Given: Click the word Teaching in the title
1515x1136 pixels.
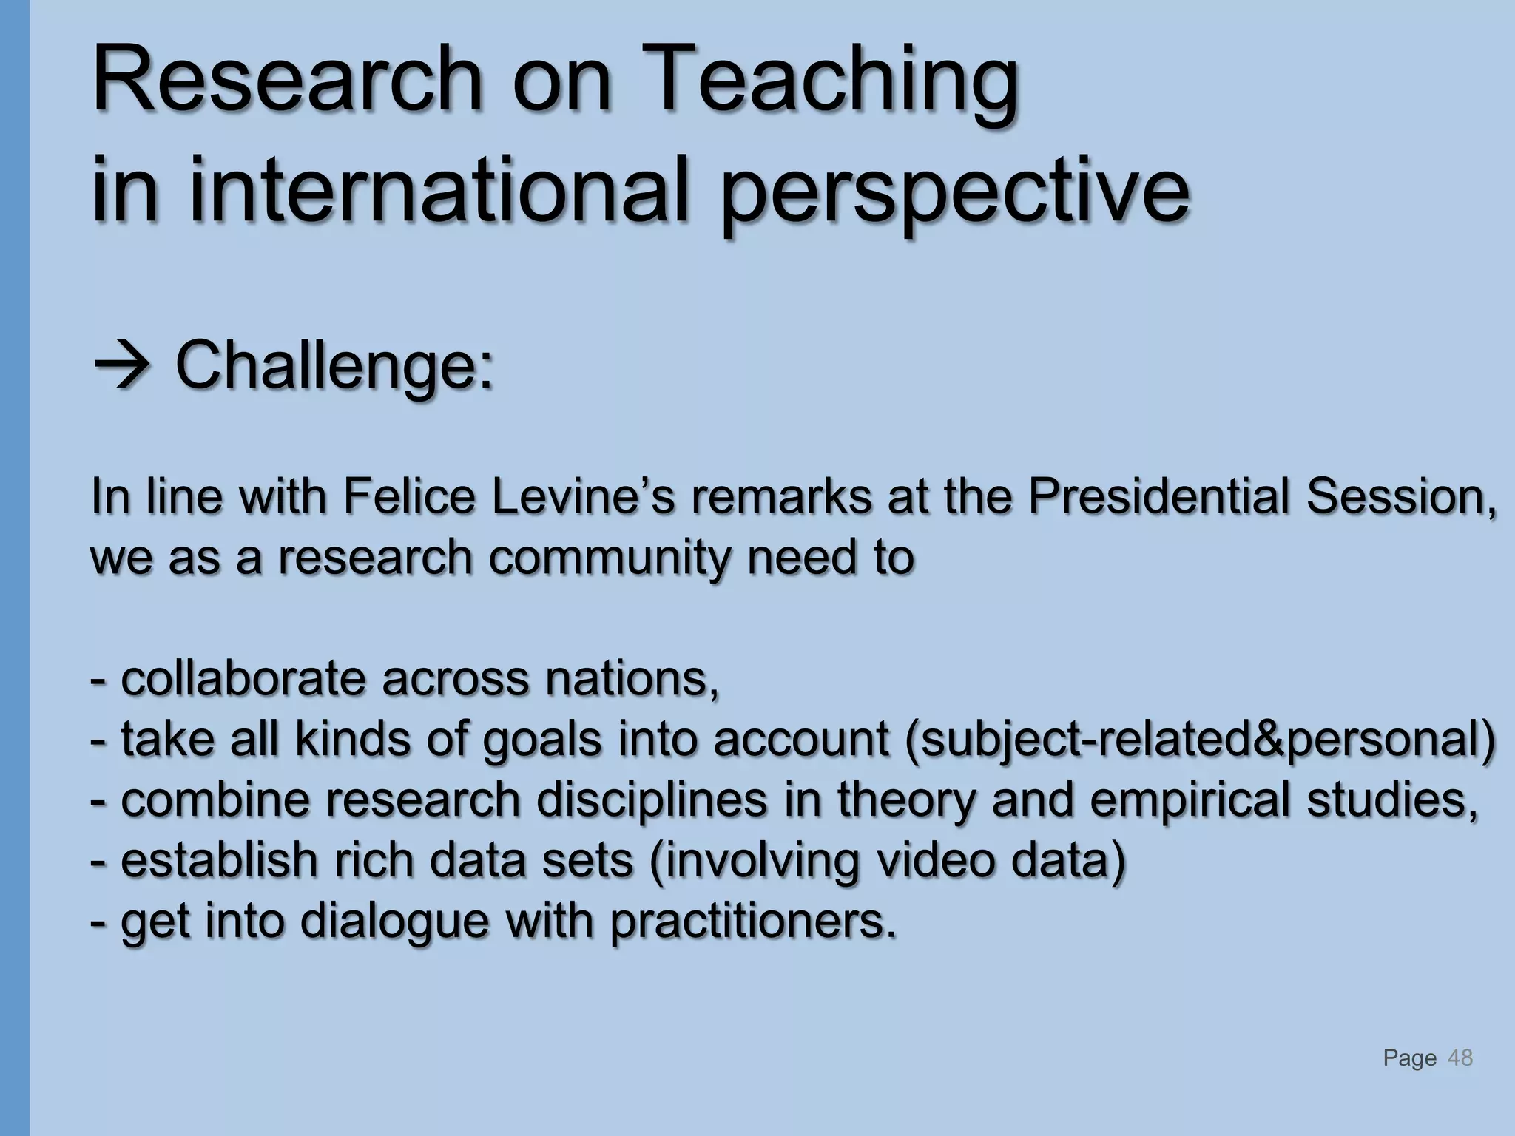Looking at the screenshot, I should (832, 81).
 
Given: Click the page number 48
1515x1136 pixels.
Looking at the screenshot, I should (1460, 1058).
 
